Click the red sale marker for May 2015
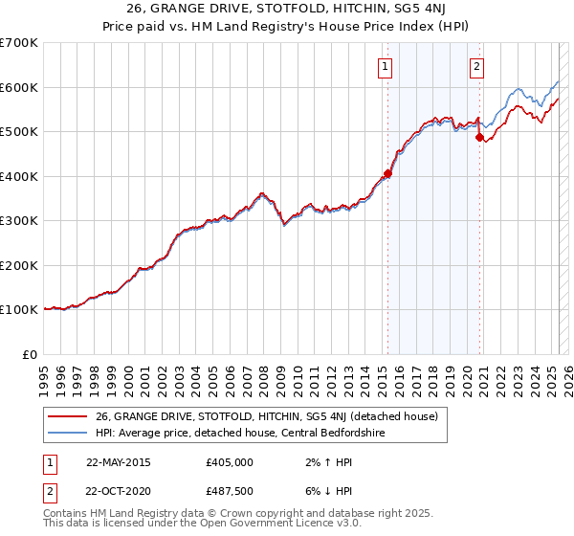[387, 174]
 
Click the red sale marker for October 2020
[479, 138]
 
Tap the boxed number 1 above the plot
[385, 66]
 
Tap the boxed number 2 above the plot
[476, 66]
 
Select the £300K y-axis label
[19, 221]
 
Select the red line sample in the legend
[67, 416]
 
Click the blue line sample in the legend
[67, 433]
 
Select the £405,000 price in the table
[230, 462]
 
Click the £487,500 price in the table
[230, 491]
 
